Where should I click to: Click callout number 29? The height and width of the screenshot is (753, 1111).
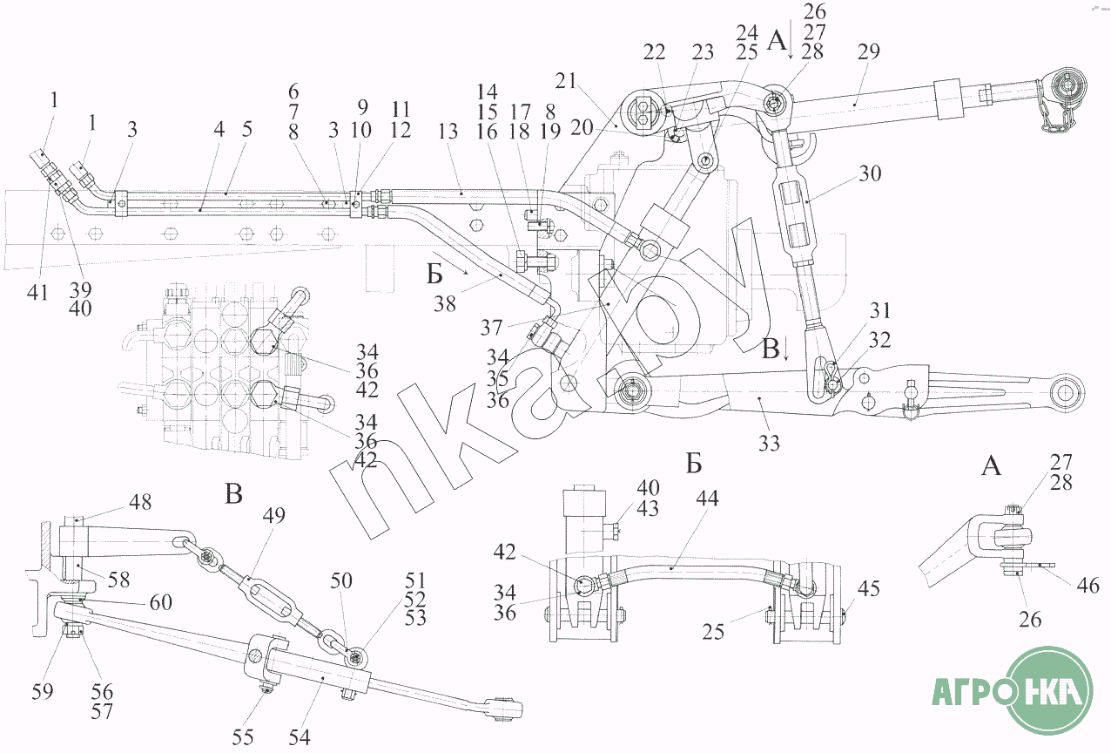pos(868,51)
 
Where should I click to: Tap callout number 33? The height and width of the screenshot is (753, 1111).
pos(770,443)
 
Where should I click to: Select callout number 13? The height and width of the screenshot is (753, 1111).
pos(448,132)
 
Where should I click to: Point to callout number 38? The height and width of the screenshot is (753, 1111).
pos(444,303)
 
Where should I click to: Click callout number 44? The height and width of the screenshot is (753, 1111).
pos(707,498)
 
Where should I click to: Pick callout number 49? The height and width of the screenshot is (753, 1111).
pos(273,515)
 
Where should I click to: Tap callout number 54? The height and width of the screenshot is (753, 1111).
pos(300,737)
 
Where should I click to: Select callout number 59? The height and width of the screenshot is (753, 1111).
pos(42,691)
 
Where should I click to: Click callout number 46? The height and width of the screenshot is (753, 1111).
pos(1088,586)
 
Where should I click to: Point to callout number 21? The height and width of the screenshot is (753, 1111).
pos(565,81)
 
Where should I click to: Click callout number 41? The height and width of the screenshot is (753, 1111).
pos(37,292)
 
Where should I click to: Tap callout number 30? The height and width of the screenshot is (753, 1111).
pos(870,173)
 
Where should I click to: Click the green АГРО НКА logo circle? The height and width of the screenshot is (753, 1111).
pos(1048,691)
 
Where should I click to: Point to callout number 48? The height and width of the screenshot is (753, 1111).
pos(140,502)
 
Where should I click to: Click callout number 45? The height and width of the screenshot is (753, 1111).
pos(868,588)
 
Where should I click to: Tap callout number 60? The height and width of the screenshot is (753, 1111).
pos(161,602)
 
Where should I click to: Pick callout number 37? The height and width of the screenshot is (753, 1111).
pos(492,328)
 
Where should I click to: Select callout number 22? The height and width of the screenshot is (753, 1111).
pos(654,51)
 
